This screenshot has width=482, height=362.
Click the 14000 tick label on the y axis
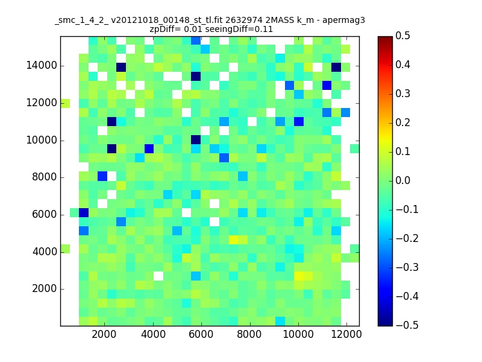click(42, 66)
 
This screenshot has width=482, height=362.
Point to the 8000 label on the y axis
click(45, 177)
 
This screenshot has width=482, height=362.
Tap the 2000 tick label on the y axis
click(45, 289)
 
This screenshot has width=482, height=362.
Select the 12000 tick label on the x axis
click(346, 334)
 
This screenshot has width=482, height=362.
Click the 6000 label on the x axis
click(201, 334)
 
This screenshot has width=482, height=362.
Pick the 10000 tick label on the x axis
click(298, 334)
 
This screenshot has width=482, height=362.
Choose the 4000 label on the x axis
click(153, 334)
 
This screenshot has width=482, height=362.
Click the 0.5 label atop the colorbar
click(402, 36)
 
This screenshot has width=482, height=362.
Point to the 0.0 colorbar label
click(402, 180)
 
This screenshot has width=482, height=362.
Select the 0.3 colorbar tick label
click(402, 94)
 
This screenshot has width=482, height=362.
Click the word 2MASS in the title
click(280, 21)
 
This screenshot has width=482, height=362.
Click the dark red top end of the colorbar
click(385, 39)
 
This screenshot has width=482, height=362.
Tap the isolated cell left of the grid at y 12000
click(65, 103)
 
